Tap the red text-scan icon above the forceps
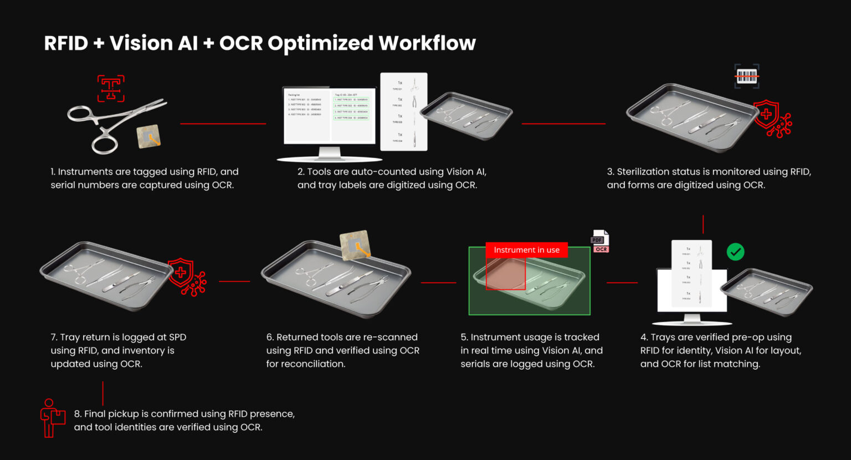111,88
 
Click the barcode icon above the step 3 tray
747,76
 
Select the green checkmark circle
735,252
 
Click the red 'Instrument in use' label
526,250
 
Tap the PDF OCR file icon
600,242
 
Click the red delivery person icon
52,418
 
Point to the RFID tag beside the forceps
149,136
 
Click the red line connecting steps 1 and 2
223,124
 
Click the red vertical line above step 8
103,393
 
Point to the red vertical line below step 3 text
703,224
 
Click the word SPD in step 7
177,337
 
